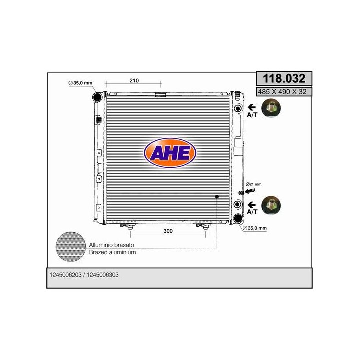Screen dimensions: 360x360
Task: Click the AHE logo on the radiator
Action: (x=170, y=153)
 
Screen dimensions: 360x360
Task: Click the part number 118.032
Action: (x=284, y=78)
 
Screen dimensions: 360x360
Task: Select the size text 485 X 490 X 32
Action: (x=282, y=92)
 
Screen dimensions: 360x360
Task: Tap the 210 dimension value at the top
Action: (x=134, y=81)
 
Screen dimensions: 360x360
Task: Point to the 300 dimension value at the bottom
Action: (x=168, y=231)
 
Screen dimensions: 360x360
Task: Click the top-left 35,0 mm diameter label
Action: (x=80, y=83)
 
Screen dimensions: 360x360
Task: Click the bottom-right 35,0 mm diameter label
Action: (x=255, y=228)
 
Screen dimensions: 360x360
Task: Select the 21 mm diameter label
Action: (x=254, y=184)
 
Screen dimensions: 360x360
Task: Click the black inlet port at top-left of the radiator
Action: (x=97, y=97)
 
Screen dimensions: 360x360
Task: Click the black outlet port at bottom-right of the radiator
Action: (x=238, y=218)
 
